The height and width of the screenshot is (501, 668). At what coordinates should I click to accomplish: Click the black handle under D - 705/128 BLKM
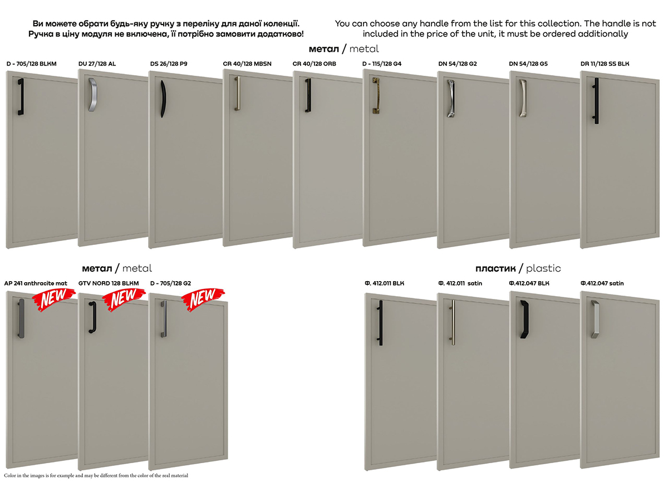[21, 97]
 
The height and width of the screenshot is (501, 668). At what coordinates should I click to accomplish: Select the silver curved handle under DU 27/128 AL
[93, 95]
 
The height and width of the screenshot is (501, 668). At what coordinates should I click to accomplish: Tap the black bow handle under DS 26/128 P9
[163, 99]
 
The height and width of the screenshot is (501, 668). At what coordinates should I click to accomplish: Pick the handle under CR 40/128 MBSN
[237, 93]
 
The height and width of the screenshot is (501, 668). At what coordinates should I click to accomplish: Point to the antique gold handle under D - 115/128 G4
[376, 95]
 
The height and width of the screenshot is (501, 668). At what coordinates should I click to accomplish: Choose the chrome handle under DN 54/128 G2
[451, 99]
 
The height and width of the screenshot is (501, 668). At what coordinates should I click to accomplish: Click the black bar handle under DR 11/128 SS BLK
[596, 101]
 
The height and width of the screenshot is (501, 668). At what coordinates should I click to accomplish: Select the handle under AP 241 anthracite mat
[21, 318]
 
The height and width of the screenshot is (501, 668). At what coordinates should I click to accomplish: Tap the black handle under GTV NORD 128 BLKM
[92, 317]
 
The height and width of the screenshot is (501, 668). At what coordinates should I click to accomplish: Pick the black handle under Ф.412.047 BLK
[524, 319]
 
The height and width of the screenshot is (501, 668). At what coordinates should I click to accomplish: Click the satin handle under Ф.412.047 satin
[595, 319]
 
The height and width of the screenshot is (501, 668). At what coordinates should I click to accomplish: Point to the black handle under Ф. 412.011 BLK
[380, 323]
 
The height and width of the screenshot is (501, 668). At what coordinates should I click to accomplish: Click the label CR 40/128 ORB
[314, 64]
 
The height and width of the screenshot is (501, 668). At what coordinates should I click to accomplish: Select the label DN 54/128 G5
[528, 64]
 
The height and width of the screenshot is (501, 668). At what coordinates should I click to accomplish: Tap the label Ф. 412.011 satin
[460, 283]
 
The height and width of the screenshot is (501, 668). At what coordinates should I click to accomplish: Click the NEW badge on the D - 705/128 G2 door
[203, 299]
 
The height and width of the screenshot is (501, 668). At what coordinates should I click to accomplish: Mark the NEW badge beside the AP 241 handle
[53, 299]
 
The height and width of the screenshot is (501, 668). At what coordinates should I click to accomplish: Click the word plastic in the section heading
[543, 268]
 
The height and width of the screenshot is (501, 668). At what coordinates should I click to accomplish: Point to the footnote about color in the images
[96, 475]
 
